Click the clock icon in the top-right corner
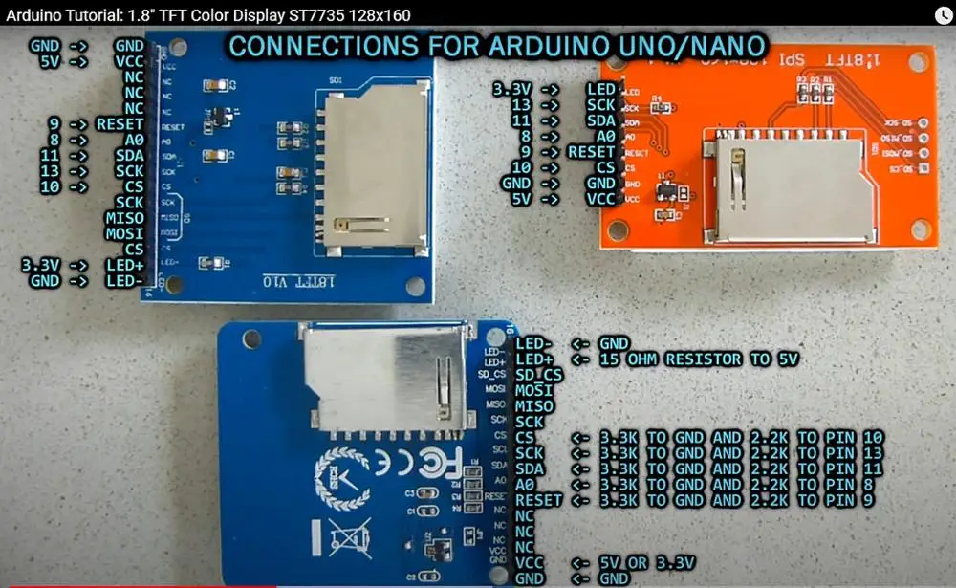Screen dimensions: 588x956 (x=943, y=13)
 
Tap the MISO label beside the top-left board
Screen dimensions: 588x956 (x=124, y=219)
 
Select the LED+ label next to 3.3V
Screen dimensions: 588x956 (x=124, y=265)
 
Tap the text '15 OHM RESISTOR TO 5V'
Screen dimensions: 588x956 (x=698, y=359)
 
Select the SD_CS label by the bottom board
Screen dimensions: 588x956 (x=538, y=376)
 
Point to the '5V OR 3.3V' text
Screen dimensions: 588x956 (x=646, y=563)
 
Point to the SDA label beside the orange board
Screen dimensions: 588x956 (x=601, y=120)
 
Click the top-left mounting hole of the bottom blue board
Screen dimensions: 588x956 (x=251, y=338)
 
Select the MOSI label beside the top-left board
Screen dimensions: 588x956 (x=124, y=234)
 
